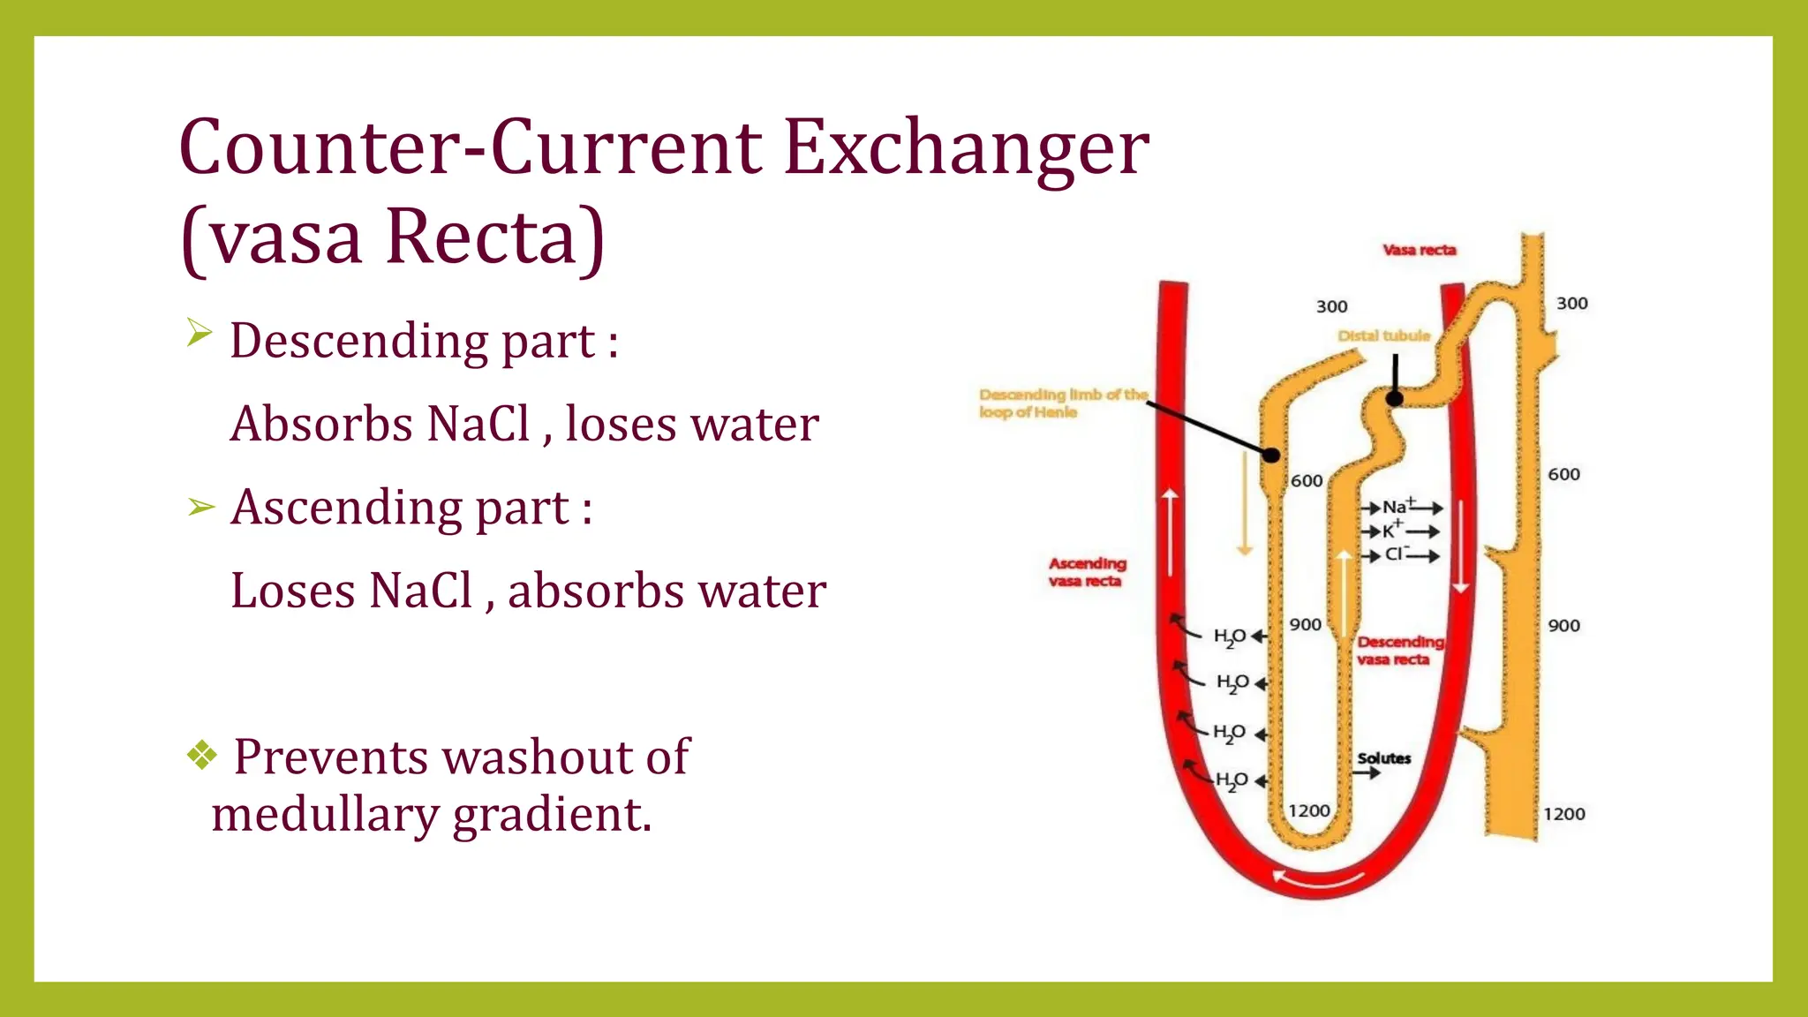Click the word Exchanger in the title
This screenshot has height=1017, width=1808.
pos(966,147)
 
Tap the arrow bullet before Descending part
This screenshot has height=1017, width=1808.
pos(200,333)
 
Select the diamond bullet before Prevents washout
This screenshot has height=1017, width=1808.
pos(202,755)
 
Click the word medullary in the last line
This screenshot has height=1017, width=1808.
pos(325,814)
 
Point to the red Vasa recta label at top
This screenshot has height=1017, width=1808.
pos(1419,251)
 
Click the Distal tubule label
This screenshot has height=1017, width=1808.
pos(1383,336)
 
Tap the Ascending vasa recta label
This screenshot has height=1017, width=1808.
pos(1087,572)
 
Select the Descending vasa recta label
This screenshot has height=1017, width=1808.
pos(1400,651)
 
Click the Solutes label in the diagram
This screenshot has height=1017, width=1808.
pos(1383,758)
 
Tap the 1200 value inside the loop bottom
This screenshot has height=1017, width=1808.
pos(1308,810)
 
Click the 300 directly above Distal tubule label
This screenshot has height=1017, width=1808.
pos(1331,307)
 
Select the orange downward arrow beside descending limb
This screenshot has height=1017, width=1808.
pos(1245,503)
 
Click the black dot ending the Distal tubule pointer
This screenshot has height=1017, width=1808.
pos(1394,399)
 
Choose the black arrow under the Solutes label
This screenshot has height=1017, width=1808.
pos(1367,774)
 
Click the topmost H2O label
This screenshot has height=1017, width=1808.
pos(1230,637)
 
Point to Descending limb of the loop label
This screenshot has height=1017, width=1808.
pos(1062,403)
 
